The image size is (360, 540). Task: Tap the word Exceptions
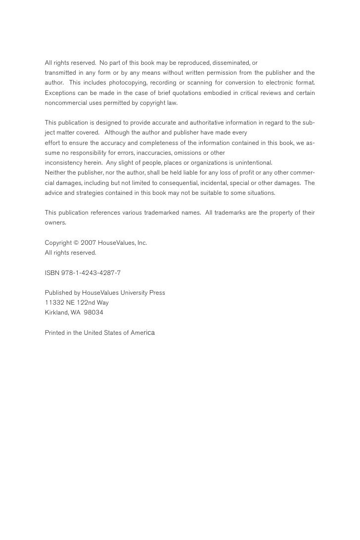(x=60, y=92)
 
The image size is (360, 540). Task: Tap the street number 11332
(x=53, y=303)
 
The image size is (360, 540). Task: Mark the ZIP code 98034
(x=93, y=313)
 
